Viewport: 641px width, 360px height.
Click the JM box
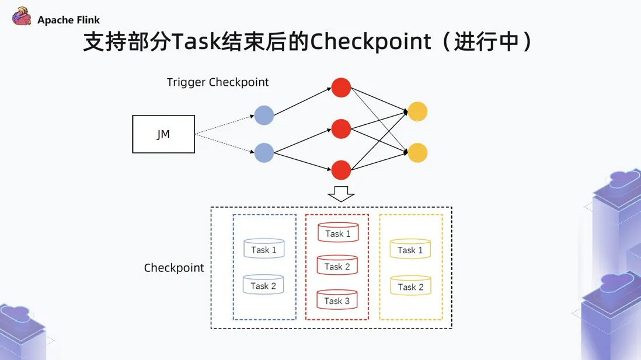(x=163, y=134)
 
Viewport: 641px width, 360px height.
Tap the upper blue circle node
(x=264, y=115)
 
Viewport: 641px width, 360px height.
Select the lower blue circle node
(x=264, y=153)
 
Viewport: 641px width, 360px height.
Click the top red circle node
(x=341, y=88)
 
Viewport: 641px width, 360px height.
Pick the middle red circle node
(x=341, y=129)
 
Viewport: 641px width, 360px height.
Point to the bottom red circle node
(x=341, y=170)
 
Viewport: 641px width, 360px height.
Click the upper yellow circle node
(x=418, y=111)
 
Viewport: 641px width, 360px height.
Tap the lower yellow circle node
(x=418, y=153)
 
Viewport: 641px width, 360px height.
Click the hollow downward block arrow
(x=341, y=194)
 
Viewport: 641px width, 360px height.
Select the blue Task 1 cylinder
(x=264, y=249)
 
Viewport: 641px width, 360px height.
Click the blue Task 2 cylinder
(x=263, y=284)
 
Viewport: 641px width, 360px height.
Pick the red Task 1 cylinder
(x=338, y=232)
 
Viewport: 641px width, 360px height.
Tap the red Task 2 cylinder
(x=337, y=265)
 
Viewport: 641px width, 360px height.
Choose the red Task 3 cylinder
(x=337, y=299)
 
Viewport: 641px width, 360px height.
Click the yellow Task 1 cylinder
(x=410, y=249)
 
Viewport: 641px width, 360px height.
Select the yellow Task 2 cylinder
(x=410, y=286)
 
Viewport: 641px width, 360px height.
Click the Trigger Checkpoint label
(x=218, y=82)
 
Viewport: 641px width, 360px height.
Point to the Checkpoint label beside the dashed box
(x=174, y=268)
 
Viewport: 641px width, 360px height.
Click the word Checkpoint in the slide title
(x=370, y=42)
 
